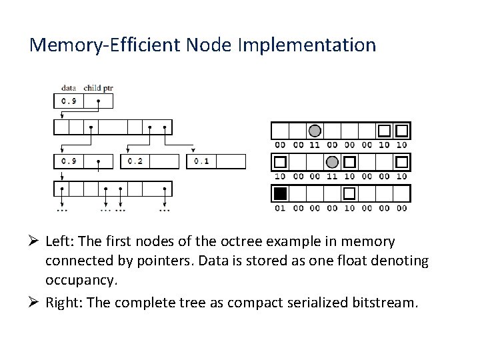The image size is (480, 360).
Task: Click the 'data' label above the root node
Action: [68, 87]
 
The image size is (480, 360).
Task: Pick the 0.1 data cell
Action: [201, 161]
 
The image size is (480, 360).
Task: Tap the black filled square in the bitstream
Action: [280, 194]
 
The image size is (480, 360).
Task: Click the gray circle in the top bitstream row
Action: [315, 131]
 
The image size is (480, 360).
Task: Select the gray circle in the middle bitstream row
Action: [332, 162]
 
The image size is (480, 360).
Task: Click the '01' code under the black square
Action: [280, 208]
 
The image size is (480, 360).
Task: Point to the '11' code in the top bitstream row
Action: [315, 145]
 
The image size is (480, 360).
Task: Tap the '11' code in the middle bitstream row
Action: [332, 177]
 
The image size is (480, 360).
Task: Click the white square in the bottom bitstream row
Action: [349, 194]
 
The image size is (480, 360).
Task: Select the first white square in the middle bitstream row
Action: [280, 162]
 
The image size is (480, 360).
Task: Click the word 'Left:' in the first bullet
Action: [62, 241]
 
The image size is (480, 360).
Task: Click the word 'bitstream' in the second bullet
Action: [384, 303]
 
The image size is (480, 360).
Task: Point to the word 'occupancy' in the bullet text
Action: [80, 280]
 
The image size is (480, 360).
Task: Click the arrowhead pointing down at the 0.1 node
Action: [193, 151]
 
